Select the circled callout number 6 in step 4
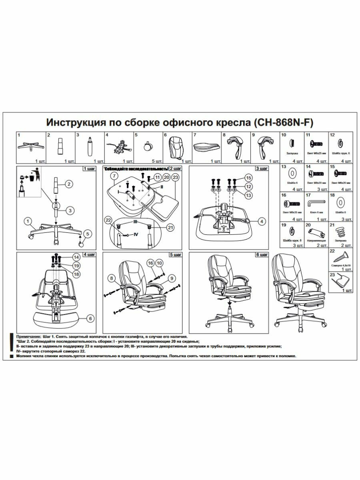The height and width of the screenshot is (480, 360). click(x=91, y=318)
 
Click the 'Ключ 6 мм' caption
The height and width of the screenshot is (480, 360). click(x=314, y=212)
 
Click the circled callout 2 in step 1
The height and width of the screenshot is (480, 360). click(x=69, y=184)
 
